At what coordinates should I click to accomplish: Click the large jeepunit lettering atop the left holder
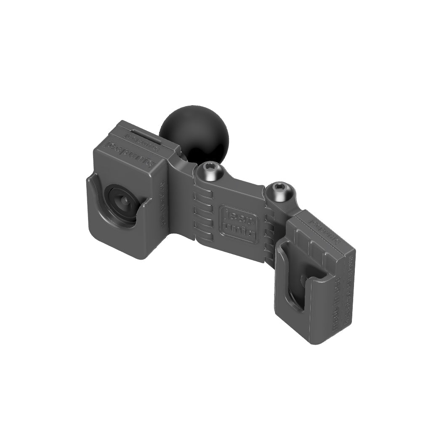[131, 154]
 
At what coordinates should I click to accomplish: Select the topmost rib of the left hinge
[203, 197]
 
